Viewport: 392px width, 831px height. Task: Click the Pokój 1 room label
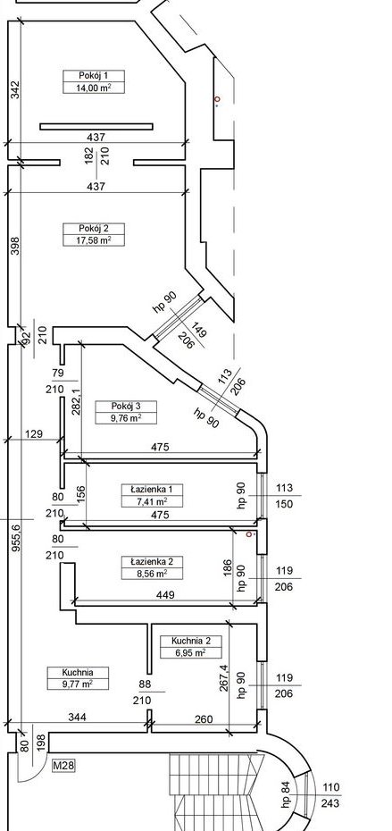click(93, 75)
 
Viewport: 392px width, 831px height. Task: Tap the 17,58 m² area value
click(93, 240)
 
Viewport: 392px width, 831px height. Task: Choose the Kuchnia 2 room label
click(190, 642)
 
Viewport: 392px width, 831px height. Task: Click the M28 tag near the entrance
click(63, 766)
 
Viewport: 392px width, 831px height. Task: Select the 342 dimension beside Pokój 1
click(14, 89)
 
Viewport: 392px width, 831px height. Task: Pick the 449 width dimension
click(164, 594)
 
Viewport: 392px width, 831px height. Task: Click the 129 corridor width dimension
click(33, 433)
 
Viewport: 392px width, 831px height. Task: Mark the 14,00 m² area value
click(93, 87)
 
